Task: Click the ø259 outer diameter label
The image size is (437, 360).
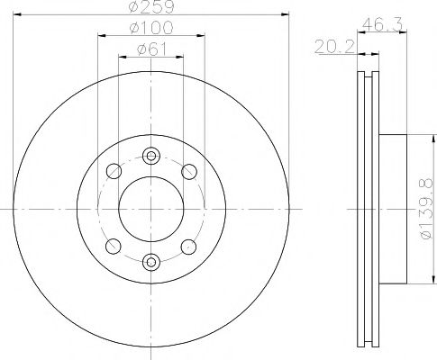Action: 150,8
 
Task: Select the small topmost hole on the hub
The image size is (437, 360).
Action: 150,155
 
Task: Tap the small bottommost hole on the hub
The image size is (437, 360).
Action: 150,261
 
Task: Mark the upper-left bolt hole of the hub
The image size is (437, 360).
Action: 113,171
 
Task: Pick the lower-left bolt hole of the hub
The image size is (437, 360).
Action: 113,246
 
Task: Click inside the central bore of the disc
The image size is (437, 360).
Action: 150,208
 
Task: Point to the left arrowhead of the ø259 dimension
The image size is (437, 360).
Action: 17,13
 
